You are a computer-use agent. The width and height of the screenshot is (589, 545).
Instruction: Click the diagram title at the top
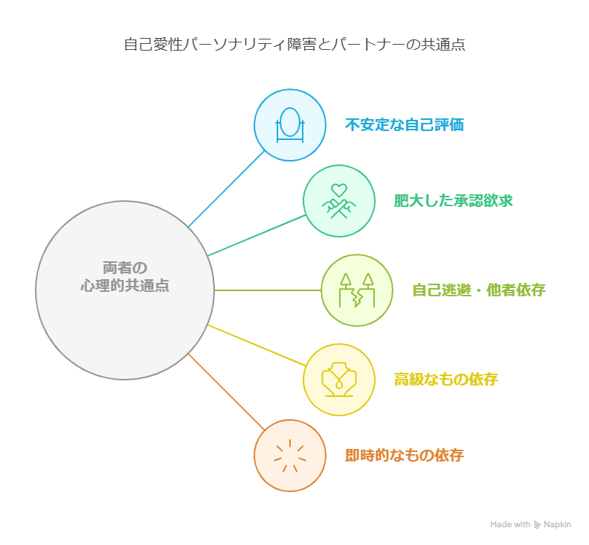pyautogui.click(x=294, y=44)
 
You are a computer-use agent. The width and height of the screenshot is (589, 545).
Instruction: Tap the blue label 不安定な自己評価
pyautogui.click(x=404, y=124)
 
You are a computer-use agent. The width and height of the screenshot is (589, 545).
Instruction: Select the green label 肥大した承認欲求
pyautogui.click(x=453, y=200)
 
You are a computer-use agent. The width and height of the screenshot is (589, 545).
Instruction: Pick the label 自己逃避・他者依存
pyautogui.click(x=478, y=290)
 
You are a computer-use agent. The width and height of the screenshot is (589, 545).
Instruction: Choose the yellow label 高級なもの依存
pyautogui.click(x=445, y=379)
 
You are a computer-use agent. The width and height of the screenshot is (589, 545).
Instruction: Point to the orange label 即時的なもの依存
pyautogui.click(x=404, y=455)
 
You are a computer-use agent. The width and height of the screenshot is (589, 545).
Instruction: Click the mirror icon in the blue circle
pyautogui.click(x=290, y=124)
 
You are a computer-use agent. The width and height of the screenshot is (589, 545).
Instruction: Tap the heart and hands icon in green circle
pyautogui.click(x=338, y=200)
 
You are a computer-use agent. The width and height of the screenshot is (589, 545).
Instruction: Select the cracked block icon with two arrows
pyautogui.click(x=357, y=290)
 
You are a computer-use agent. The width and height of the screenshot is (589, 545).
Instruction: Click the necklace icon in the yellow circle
pyautogui.click(x=338, y=379)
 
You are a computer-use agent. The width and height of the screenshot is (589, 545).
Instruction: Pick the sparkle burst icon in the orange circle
pyautogui.click(x=290, y=455)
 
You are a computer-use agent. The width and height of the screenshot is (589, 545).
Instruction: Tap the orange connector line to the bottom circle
pyautogui.click(x=226, y=392)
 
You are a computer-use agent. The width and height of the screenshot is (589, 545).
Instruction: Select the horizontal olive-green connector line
pyautogui.click(x=268, y=290)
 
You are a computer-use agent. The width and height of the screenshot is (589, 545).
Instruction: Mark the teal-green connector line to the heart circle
pyautogui.click(x=257, y=235)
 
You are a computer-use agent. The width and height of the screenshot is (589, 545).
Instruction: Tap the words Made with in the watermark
pyautogui.click(x=510, y=525)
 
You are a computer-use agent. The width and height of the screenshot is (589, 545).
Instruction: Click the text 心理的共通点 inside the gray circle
pyautogui.click(x=125, y=285)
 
